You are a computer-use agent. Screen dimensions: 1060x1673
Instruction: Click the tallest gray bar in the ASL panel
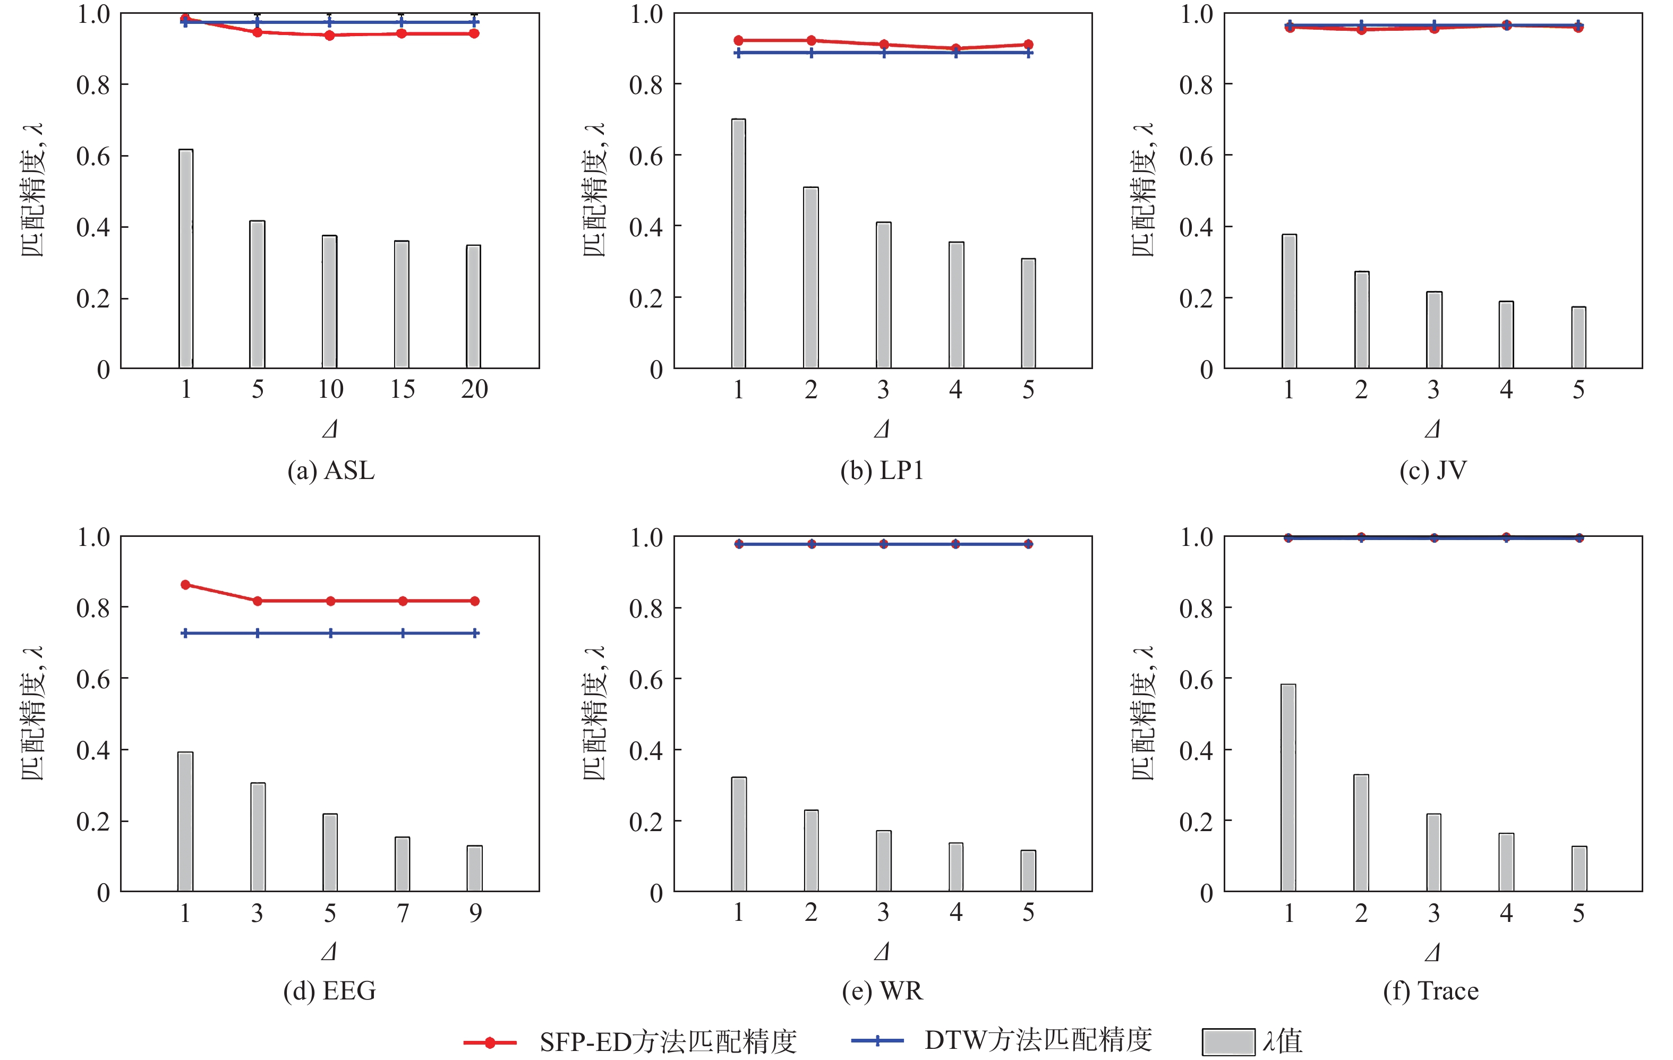point(185,259)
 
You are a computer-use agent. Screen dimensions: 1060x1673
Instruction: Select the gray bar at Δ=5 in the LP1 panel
point(1028,313)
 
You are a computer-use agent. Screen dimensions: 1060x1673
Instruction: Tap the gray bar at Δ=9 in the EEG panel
point(474,868)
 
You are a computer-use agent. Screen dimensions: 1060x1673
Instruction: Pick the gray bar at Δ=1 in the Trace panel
point(1288,788)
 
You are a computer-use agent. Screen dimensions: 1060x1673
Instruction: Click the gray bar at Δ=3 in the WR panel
point(883,861)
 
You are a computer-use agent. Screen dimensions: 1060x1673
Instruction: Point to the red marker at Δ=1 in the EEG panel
point(185,585)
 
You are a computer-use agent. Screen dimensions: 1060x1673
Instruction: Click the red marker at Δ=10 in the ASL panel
point(330,36)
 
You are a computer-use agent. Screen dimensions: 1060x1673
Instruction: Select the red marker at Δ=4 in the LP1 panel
point(956,49)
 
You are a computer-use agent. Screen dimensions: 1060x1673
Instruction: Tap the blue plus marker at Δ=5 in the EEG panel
point(330,634)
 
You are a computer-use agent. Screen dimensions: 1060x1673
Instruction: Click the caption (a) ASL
point(331,471)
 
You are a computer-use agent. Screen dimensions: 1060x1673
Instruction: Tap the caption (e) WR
point(882,990)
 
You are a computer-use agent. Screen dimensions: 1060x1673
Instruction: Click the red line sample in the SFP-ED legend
point(490,1042)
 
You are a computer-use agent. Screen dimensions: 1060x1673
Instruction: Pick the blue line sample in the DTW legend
point(877,1040)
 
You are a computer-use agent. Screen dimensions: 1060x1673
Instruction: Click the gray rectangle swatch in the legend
point(1228,1042)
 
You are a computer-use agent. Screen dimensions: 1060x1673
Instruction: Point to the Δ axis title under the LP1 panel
point(882,429)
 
